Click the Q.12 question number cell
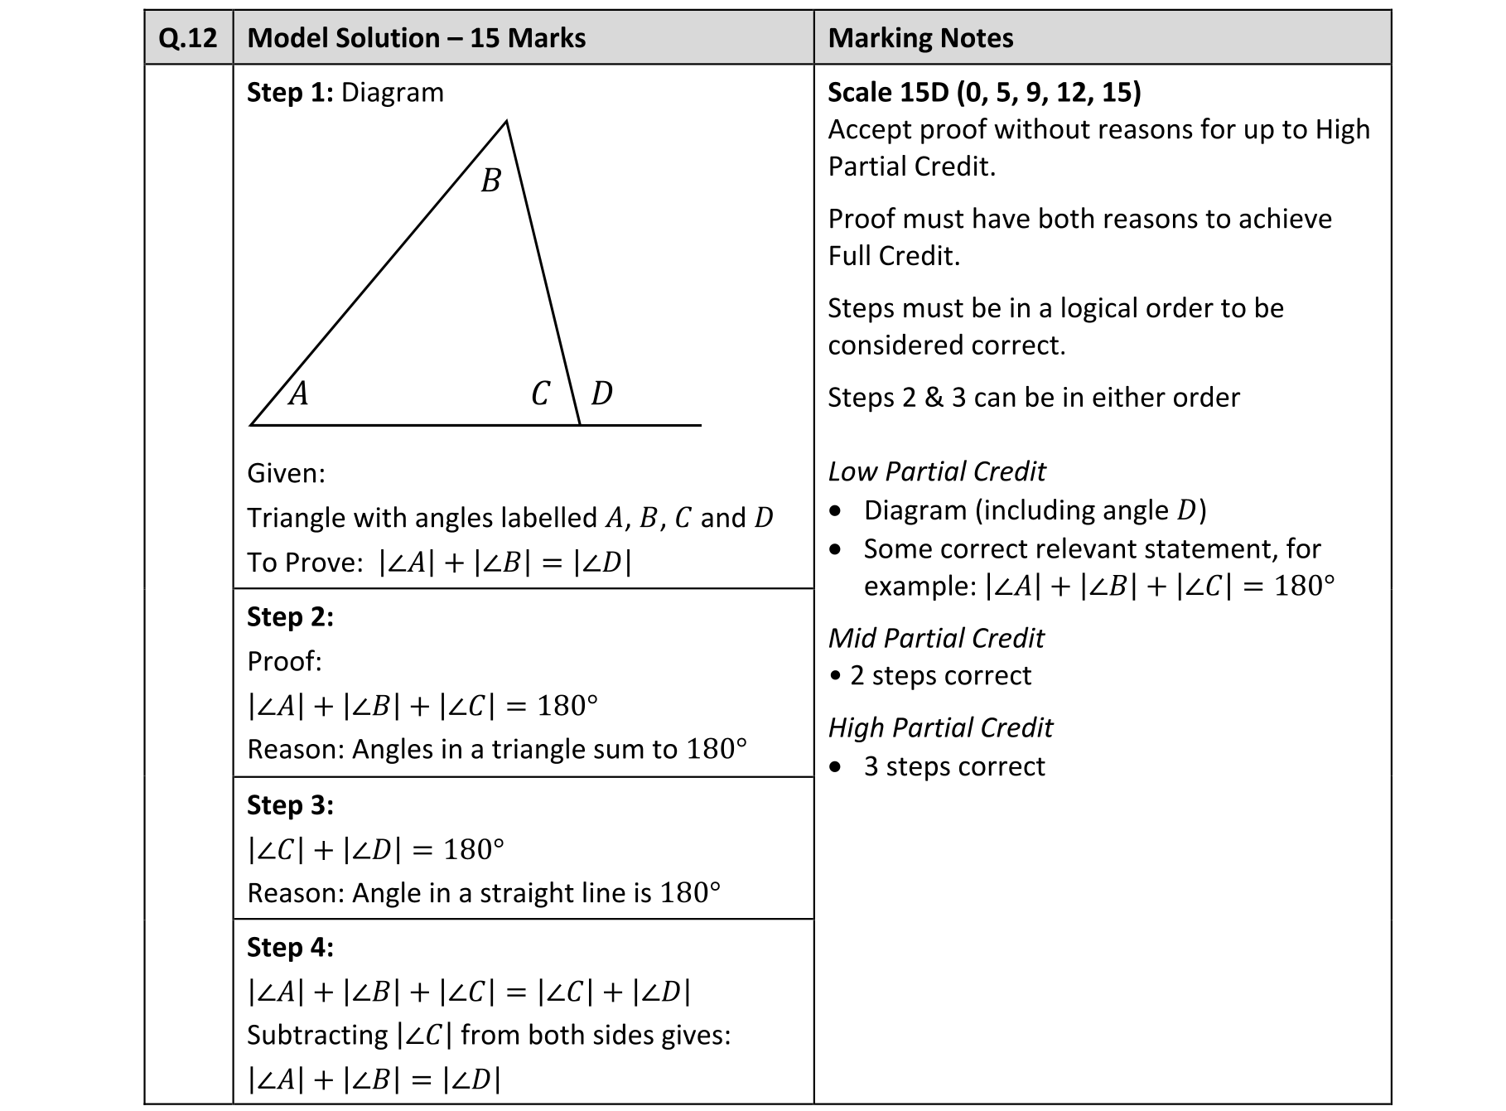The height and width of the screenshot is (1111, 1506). click(x=188, y=38)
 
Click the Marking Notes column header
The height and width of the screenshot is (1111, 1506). click(x=920, y=38)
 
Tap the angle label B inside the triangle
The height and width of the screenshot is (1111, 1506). click(x=491, y=181)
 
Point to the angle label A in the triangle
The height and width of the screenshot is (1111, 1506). click(x=298, y=394)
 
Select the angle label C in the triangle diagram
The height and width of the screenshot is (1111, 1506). click(x=541, y=394)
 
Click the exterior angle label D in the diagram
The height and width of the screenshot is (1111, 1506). click(x=602, y=394)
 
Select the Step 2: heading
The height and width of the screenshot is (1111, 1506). click(x=290, y=616)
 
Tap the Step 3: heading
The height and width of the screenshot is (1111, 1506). click(x=290, y=804)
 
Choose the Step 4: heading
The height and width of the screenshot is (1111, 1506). click(x=290, y=947)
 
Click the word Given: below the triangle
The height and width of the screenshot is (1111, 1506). click(x=286, y=473)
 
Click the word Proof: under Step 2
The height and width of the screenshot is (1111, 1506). click(x=284, y=661)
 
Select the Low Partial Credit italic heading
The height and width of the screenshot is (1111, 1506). click(x=936, y=471)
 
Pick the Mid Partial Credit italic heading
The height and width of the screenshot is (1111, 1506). click(x=936, y=638)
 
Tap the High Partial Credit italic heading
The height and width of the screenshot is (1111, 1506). click(x=940, y=727)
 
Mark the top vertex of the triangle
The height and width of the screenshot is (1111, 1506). click(x=506, y=122)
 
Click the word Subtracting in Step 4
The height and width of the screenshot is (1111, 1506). click(x=317, y=1035)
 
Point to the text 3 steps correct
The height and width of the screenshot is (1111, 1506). click(x=953, y=766)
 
